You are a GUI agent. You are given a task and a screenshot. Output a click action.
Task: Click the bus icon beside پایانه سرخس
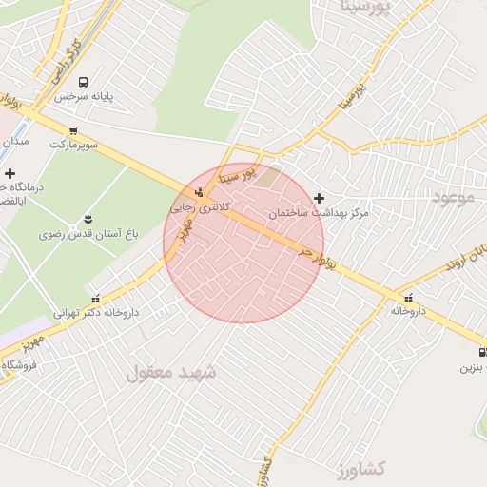84,83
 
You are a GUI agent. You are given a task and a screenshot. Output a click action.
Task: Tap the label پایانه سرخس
84,97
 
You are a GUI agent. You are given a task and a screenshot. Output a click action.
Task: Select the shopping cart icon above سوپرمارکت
73,131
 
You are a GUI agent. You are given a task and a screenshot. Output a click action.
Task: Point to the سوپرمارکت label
73,145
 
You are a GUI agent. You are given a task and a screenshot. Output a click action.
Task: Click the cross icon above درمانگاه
10,174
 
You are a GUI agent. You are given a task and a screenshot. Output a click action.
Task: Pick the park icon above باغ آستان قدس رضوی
88,220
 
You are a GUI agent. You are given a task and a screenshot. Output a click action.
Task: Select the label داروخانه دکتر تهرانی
95,312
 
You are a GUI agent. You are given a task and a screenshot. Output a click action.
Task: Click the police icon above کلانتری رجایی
198,192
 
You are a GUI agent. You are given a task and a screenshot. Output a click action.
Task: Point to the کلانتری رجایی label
195,205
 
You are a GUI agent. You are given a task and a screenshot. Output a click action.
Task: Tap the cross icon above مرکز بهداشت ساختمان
319,198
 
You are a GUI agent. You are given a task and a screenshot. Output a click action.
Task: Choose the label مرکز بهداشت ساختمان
318,213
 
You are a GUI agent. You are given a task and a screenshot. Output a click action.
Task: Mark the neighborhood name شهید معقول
171,373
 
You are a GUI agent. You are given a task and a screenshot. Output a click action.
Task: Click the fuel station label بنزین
474,366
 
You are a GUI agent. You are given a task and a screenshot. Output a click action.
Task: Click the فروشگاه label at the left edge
18,365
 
